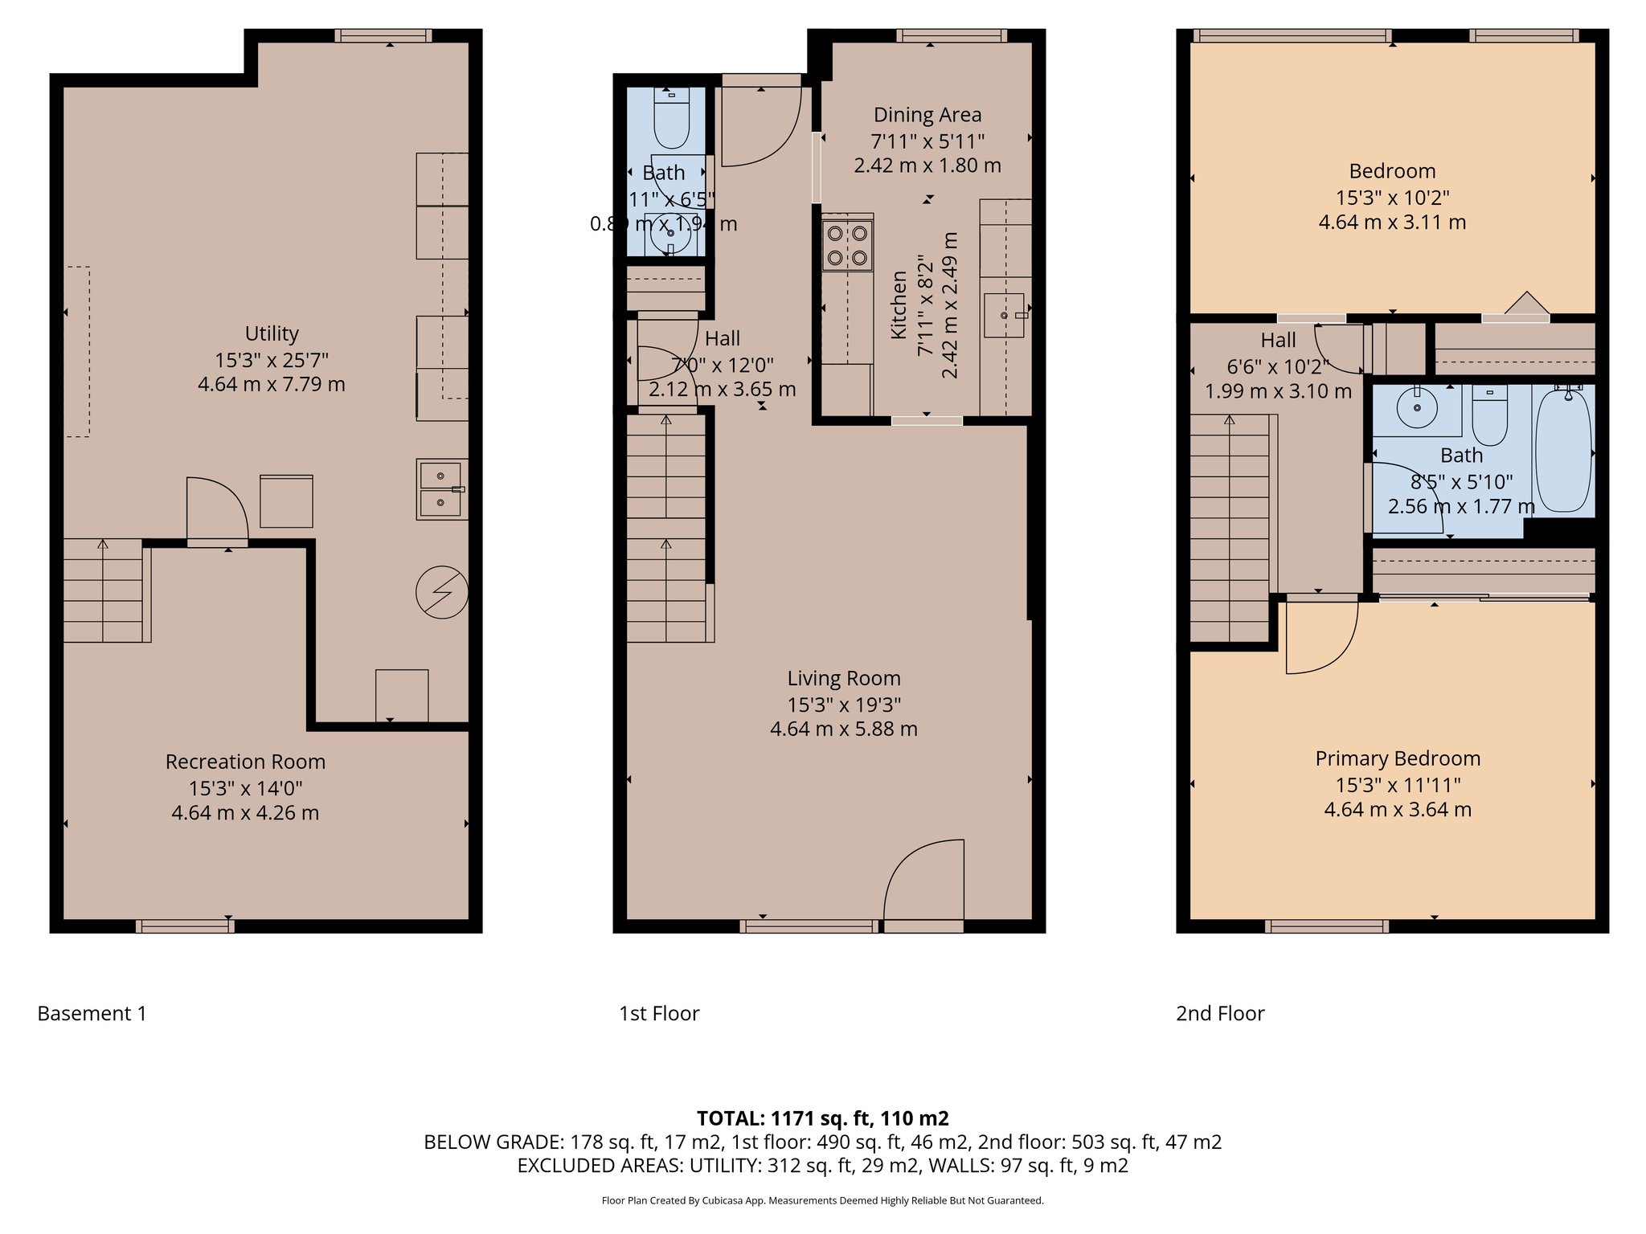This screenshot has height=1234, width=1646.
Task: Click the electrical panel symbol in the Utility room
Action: coord(441,593)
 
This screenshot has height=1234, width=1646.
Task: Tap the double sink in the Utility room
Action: coord(441,489)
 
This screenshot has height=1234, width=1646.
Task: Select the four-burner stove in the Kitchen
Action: coord(847,245)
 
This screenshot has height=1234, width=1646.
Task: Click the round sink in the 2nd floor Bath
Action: coord(1416,409)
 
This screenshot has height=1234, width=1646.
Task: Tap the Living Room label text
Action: coord(843,679)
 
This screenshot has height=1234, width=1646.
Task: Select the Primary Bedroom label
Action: coord(1397,758)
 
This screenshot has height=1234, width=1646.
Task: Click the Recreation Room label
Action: coord(245,762)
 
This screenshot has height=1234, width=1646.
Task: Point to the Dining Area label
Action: coord(927,115)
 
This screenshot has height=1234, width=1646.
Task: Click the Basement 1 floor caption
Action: coord(92,1014)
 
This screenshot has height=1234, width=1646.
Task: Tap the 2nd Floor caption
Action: coord(1219,1014)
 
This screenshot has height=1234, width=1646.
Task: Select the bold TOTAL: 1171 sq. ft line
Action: coord(822,1118)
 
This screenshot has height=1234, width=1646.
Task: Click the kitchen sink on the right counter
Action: coord(1004,315)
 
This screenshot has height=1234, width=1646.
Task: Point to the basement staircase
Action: coord(103,590)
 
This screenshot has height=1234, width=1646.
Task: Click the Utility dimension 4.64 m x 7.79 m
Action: coord(271,384)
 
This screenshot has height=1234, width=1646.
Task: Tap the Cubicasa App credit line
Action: coord(822,1201)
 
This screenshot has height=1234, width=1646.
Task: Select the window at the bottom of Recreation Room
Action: coord(185,926)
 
